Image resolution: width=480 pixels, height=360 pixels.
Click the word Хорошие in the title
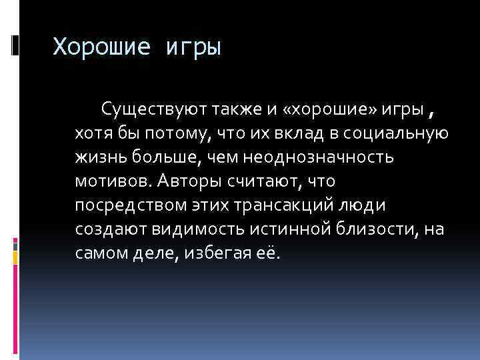coord(103,47)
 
